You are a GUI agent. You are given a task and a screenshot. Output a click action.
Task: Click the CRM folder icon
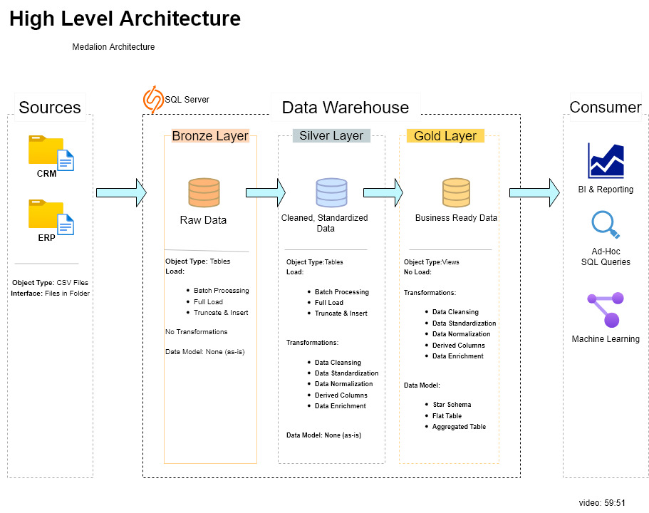51,152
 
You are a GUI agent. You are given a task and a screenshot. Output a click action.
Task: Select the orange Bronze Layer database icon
204,193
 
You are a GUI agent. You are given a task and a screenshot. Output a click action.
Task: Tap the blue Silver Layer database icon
331,193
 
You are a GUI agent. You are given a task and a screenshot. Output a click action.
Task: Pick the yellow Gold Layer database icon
456,193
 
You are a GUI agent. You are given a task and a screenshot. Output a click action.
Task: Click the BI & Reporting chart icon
606,160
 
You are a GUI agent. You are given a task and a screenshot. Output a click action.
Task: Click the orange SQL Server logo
152,100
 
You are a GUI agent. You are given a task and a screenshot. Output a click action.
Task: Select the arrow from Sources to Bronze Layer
120,192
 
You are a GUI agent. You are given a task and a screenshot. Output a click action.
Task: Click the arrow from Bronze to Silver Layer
265,192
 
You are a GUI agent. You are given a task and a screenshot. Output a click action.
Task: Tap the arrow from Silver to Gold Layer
383,192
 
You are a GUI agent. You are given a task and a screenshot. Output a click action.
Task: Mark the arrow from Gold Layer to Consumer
534,192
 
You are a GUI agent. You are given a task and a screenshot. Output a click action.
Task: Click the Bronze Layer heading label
210,136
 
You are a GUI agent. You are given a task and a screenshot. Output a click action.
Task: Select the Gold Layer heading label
445,136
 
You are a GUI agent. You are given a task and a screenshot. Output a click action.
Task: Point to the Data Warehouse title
346,108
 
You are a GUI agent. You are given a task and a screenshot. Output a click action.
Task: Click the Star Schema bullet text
452,405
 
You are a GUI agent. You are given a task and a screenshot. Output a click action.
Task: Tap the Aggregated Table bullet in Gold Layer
459,427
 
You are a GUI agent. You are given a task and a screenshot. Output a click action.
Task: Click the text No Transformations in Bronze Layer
197,332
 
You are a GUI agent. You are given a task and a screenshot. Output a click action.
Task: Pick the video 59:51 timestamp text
602,503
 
